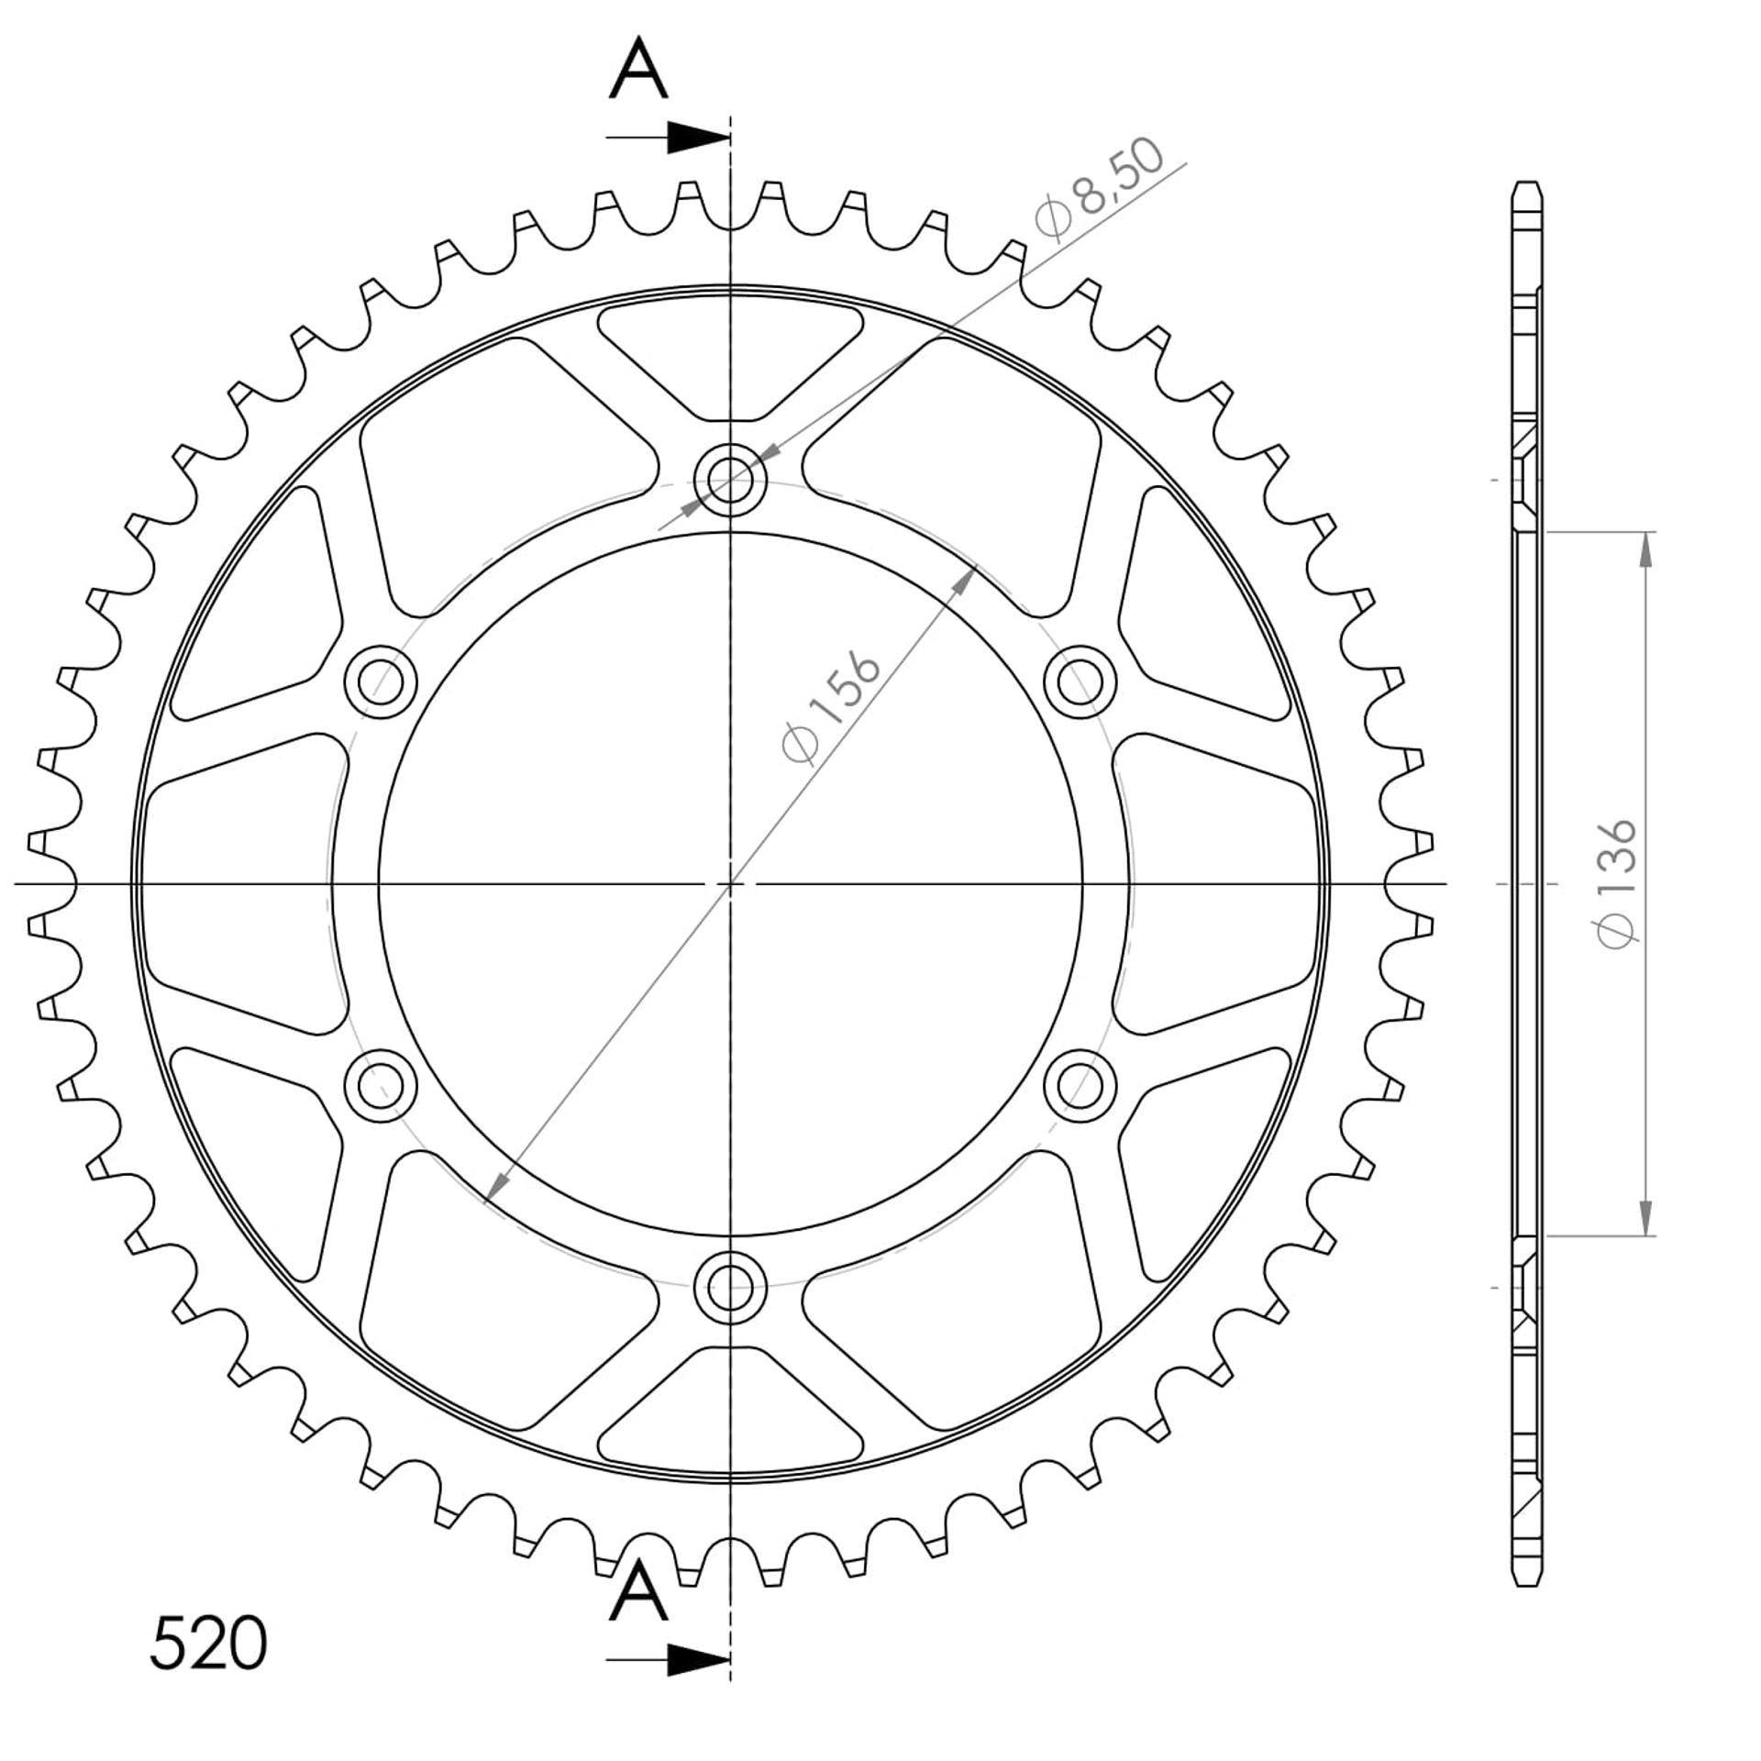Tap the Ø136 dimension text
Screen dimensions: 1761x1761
point(1616,883)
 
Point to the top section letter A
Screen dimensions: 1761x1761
point(638,70)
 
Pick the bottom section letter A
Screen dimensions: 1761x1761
point(638,1593)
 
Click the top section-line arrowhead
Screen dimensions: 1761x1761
point(698,138)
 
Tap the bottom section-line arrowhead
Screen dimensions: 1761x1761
point(698,1659)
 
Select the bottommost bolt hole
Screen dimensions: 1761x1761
point(730,1288)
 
